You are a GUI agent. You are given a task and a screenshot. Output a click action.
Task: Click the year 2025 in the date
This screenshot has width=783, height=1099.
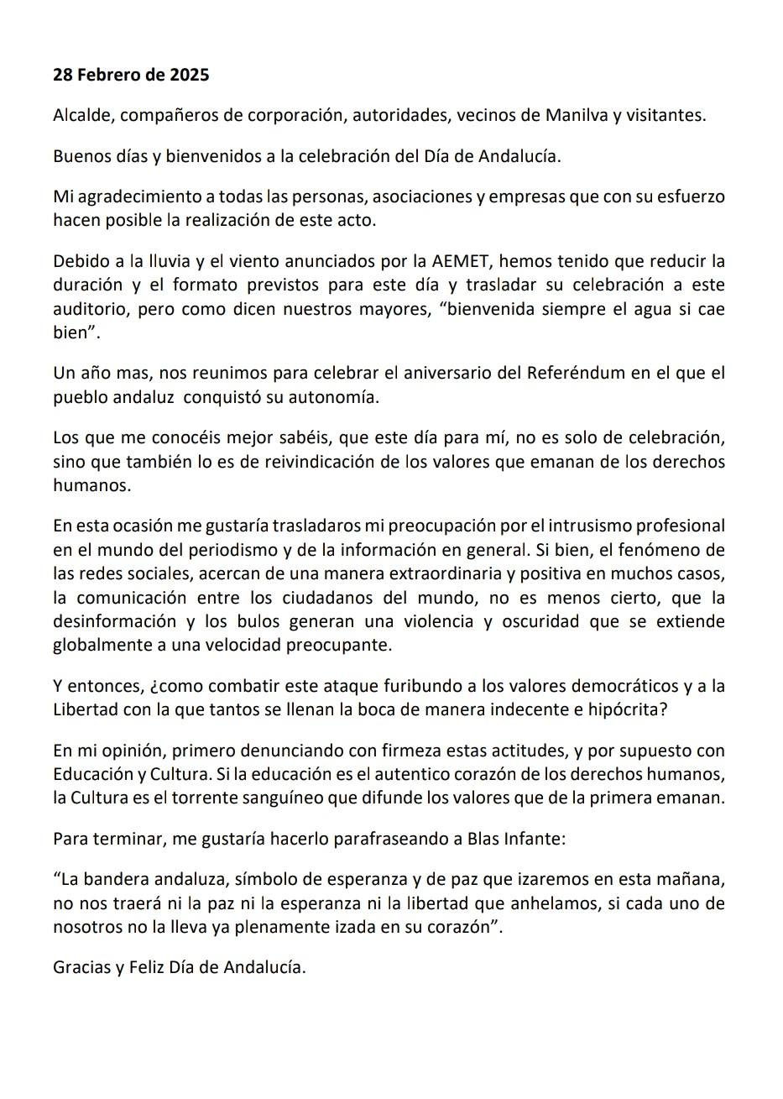190,75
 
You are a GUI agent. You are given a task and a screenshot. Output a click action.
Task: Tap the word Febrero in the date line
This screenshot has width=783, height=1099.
107,75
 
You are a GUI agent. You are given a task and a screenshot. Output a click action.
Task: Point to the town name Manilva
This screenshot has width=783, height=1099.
575,115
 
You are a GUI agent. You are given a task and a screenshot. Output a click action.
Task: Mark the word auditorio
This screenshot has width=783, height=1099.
88,308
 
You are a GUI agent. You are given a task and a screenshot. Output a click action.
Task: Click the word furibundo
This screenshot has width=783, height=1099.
395,686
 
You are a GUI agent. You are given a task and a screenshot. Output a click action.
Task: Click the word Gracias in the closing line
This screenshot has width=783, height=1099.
81,967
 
